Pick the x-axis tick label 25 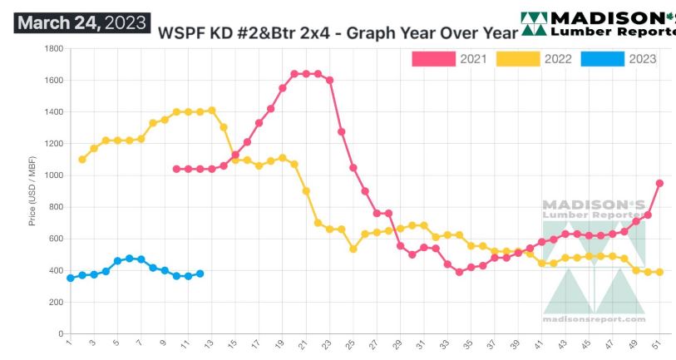click(353, 343)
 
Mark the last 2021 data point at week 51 click(659, 183)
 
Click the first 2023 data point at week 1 click(70, 278)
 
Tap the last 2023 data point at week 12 click(200, 274)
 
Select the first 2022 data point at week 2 click(81, 159)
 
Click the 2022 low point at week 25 click(353, 249)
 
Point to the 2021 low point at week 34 click(459, 272)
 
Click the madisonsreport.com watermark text click(594, 318)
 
